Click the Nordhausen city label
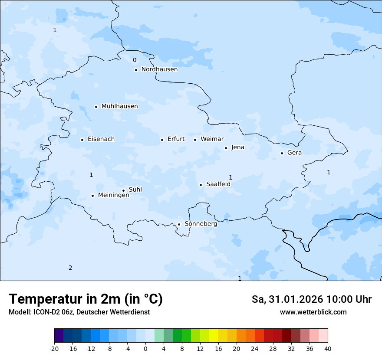[x=159, y=69]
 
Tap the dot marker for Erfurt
[x=162, y=140]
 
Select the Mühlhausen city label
[x=119, y=106]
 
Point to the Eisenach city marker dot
[x=82, y=140]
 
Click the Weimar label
[x=212, y=139]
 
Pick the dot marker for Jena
[x=226, y=148]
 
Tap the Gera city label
[x=294, y=153]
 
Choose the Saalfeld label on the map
[x=218, y=184]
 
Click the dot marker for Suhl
[x=123, y=190]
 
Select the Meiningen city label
[x=113, y=196]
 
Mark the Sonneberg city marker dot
[x=179, y=225]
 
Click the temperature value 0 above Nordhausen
[x=135, y=60]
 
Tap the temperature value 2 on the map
[x=70, y=268]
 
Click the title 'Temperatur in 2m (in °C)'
[x=86, y=299]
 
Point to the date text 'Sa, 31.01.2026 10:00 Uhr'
[x=311, y=300]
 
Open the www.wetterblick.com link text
[x=313, y=312]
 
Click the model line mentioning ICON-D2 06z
[x=79, y=312]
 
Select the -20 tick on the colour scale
[x=54, y=349]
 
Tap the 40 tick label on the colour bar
[x=327, y=349]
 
